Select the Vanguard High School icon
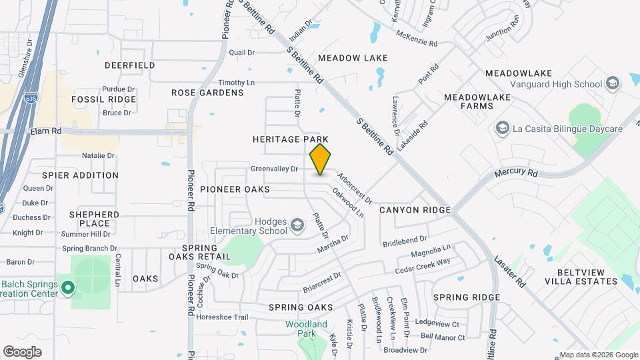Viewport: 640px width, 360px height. (x=613, y=83)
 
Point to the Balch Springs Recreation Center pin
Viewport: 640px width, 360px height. (x=67, y=289)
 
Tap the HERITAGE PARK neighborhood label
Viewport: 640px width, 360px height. (x=290, y=139)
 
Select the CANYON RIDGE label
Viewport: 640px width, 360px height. (x=415, y=210)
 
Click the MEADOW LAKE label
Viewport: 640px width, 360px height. (x=353, y=58)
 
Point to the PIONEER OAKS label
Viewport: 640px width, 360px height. (x=235, y=189)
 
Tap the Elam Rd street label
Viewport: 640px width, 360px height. (x=46, y=132)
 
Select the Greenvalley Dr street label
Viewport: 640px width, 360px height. (x=274, y=169)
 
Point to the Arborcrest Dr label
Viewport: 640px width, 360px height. (x=355, y=189)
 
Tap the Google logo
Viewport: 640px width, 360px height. (x=22, y=351)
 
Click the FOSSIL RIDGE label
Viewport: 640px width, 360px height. (x=104, y=99)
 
